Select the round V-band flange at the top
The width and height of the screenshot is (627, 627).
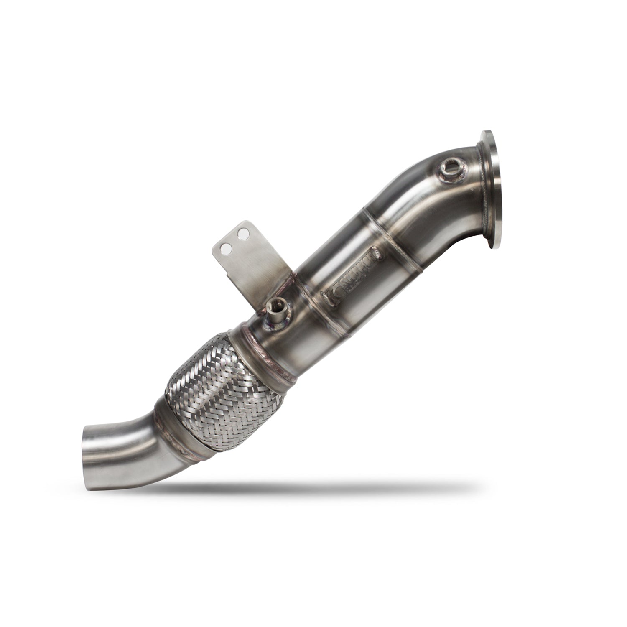(493, 190)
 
